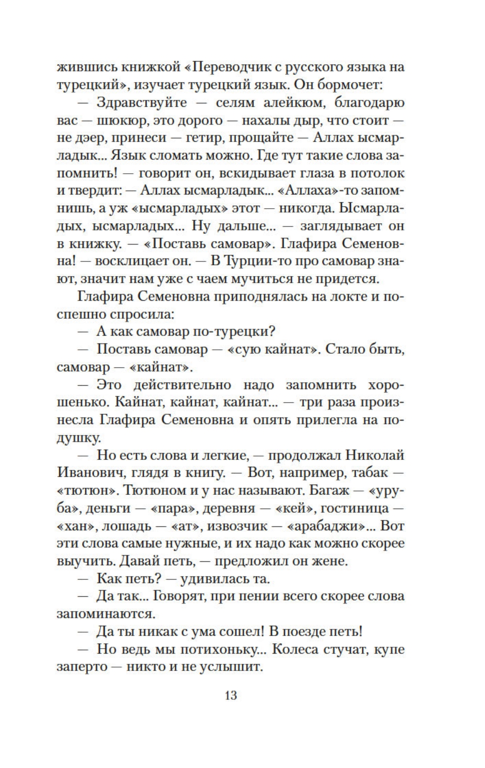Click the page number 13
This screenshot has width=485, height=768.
coord(231,695)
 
